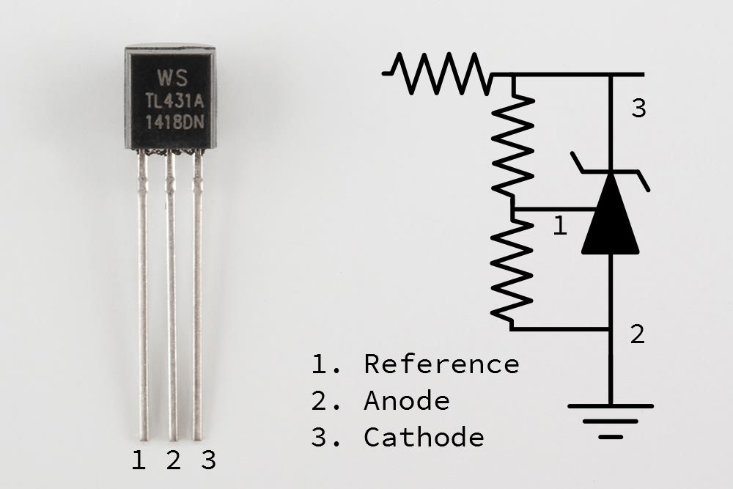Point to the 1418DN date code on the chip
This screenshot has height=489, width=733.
[x=170, y=122]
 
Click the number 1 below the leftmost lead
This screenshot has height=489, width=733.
[x=139, y=460]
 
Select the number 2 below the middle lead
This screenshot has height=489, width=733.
[x=173, y=460]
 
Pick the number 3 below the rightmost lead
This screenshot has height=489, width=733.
[x=208, y=460]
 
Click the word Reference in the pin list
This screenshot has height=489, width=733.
[x=441, y=364]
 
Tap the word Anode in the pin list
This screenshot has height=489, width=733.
[x=407, y=401]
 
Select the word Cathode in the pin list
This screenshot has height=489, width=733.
[x=424, y=438]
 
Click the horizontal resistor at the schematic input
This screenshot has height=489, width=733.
[x=440, y=74]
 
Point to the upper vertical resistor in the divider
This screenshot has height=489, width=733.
[x=513, y=143]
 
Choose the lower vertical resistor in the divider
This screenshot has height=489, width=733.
[x=513, y=271]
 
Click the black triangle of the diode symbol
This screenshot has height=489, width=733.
[x=610, y=217]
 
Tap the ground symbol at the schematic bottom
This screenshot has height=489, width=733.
[x=610, y=420]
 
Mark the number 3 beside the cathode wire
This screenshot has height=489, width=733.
[x=638, y=109]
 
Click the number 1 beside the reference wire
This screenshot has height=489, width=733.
[x=559, y=226]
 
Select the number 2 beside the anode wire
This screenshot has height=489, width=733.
[x=638, y=334]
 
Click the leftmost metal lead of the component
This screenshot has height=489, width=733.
[x=143, y=293]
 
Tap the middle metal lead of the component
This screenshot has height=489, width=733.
[x=172, y=293]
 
